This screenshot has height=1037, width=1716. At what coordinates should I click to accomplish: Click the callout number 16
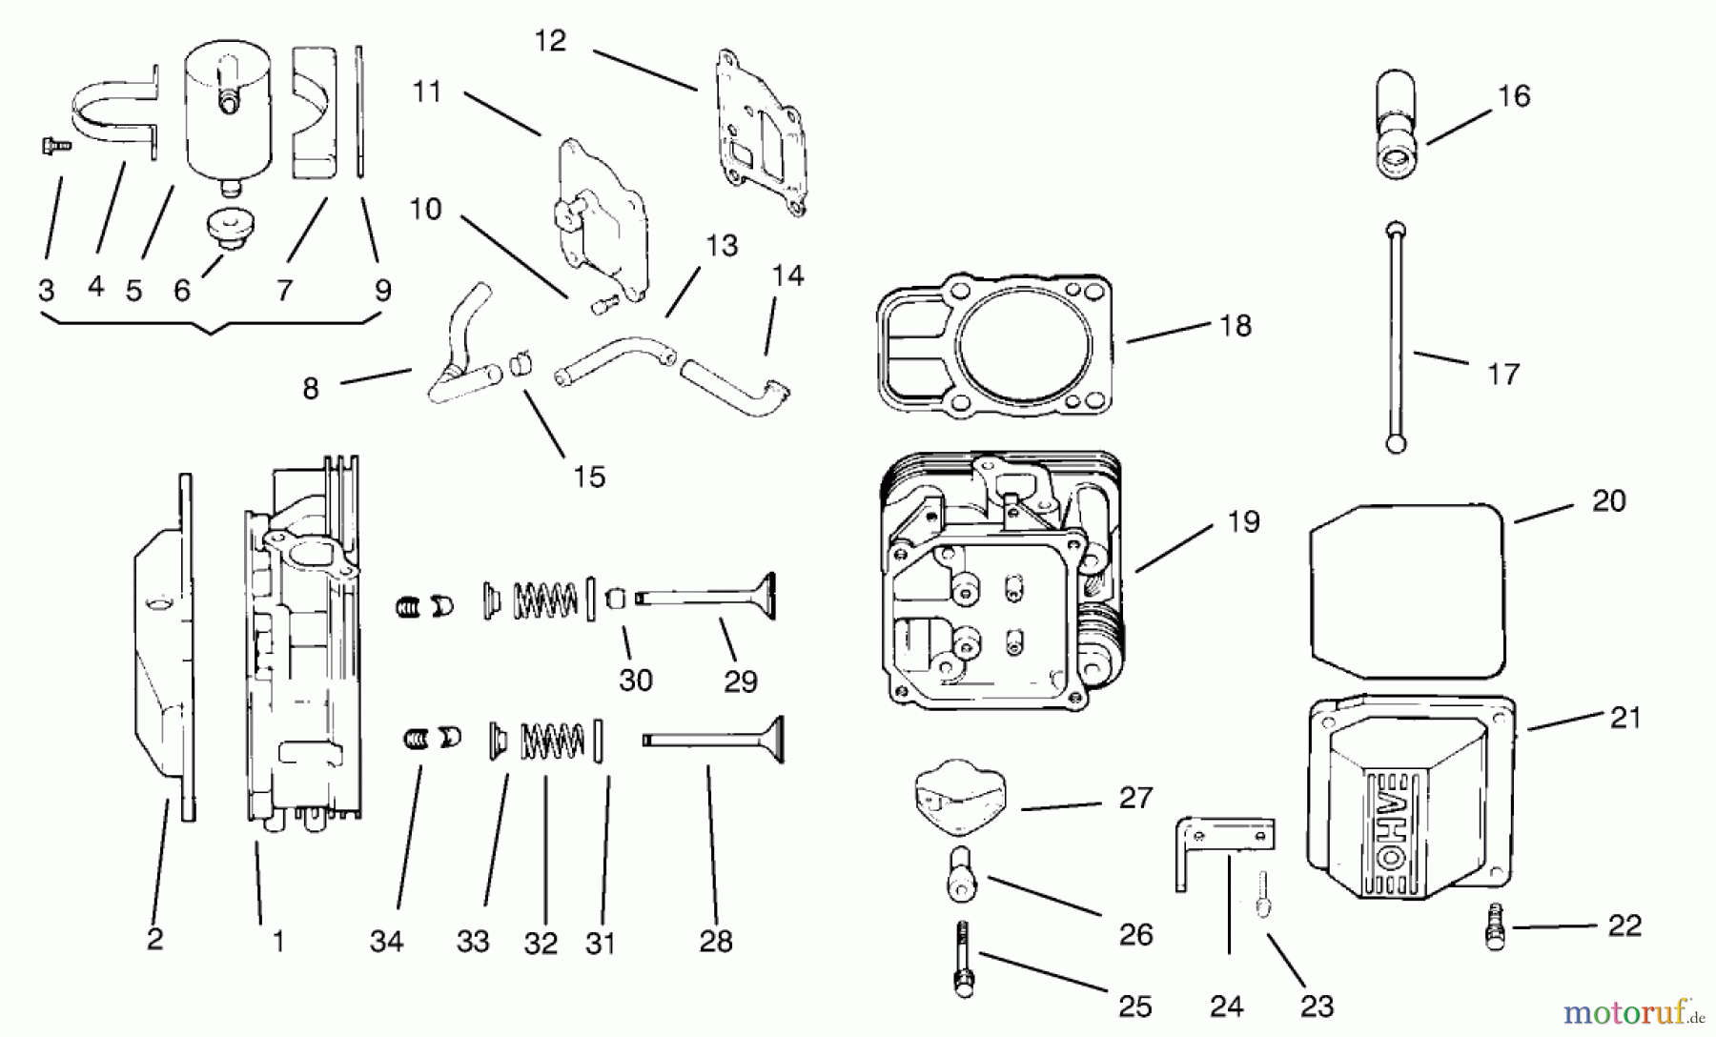click(x=1514, y=96)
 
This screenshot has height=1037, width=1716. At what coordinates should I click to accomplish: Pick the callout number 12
click(x=550, y=41)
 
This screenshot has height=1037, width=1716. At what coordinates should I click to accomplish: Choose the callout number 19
click(x=1243, y=522)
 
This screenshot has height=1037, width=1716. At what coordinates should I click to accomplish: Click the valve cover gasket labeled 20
click(x=1405, y=591)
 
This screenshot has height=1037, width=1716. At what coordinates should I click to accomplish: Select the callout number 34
click(x=386, y=942)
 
